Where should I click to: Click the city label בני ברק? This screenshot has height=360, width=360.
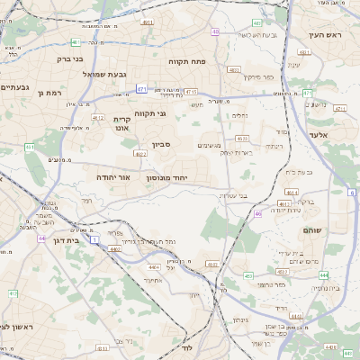point(68,59)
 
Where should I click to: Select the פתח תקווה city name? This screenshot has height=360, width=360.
point(188,60)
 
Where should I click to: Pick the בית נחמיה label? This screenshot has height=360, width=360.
point(324,288)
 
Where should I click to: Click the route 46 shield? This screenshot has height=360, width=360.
point(257,214)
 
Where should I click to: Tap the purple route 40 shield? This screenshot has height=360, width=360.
point(215,31)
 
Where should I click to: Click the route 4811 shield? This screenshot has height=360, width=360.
point(148,22)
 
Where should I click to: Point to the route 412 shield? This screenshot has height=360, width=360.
point(13,293)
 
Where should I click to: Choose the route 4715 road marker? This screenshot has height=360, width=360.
point(191,91)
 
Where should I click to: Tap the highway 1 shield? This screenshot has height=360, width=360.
point(94,239)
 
